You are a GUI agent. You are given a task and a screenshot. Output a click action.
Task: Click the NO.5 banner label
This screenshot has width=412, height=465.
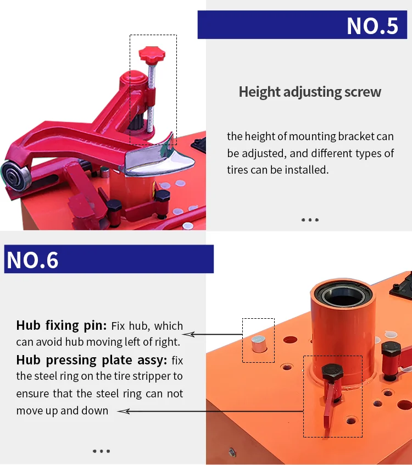coord(372,26)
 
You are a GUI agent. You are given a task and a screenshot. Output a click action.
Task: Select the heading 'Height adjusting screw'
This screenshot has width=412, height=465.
coord(310,92)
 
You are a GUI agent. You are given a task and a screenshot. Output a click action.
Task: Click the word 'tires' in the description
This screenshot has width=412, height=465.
coord(238,169)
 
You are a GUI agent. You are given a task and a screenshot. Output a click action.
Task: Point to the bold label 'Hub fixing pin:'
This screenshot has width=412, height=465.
coord(62,325)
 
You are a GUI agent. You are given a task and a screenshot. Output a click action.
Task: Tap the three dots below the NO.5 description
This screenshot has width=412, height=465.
coord(310,220)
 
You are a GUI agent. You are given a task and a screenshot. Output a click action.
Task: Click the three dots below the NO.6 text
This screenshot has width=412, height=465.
coord(101,451)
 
